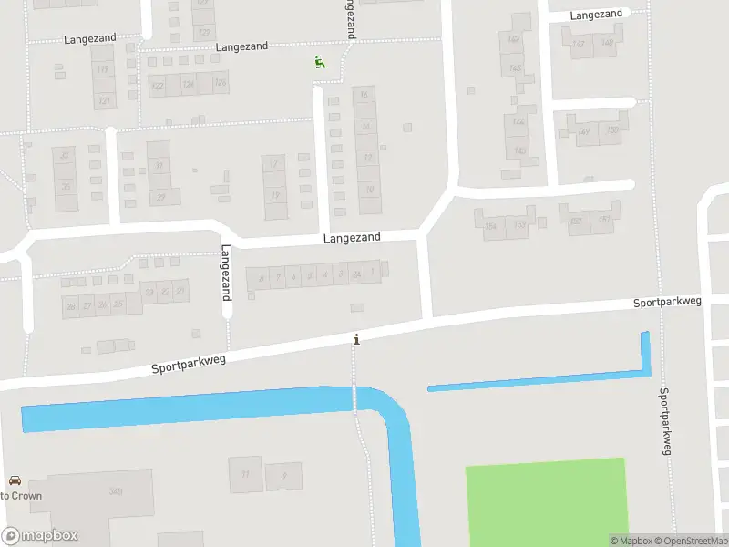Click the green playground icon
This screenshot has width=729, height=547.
point(319,62)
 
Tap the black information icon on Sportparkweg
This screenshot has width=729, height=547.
point(356,339)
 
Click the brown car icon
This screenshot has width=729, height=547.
point(14,480)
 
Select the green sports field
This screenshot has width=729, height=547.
point(546,501)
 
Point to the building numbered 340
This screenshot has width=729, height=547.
point(116,492)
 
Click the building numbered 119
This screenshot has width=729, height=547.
point(103,69)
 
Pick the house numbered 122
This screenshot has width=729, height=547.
point(158,86)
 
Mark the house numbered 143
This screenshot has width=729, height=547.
point(517,68)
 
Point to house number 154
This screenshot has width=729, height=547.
point(491,225)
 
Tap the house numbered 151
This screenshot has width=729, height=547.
point(604,220)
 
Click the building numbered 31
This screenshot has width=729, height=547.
point(160,165)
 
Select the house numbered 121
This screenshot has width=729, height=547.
point(104,100)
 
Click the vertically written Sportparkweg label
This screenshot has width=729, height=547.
point(665,420)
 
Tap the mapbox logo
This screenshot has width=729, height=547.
point(40,536)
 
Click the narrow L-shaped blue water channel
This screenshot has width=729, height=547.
point(547,378)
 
